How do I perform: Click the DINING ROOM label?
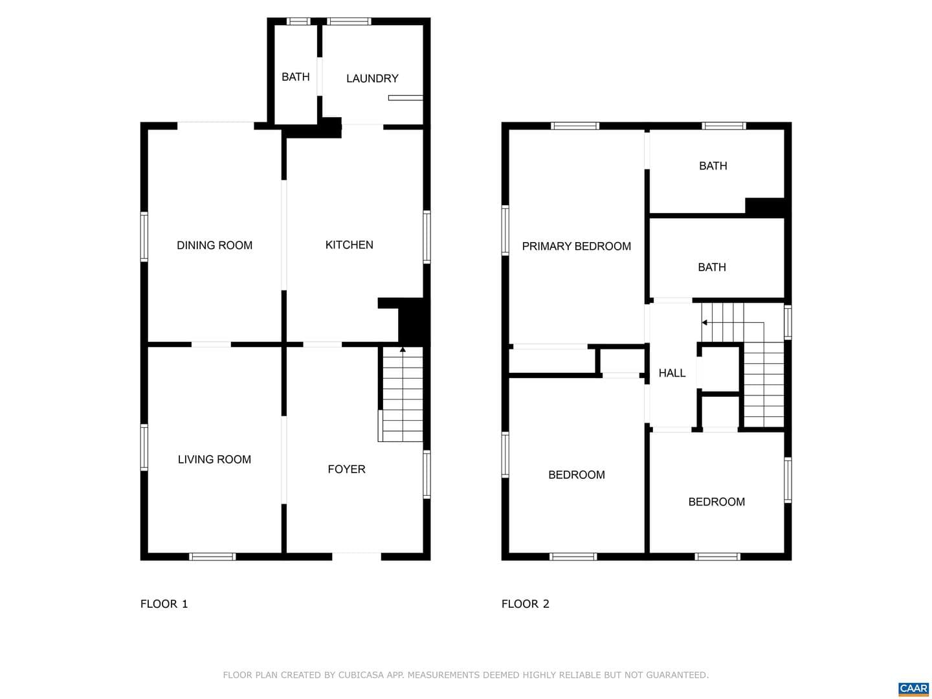point(214,245)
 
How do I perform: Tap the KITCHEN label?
point(349,245)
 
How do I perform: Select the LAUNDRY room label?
point(372,78)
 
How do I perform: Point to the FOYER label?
point(346,469)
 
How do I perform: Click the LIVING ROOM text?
point(214,460)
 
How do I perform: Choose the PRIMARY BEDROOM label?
point(576,246)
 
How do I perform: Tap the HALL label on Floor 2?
point(672,373)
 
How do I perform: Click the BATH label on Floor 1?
point(296,77)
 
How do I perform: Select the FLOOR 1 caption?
point(164,603)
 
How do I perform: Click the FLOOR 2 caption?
point(526,603)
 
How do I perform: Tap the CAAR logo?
point(913,689)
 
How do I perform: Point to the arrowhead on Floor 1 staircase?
point(403,349)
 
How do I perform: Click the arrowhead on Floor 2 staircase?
point(704,322)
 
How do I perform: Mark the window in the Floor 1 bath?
point(298,21)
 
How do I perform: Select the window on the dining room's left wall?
point(144,236)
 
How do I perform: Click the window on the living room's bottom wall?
point(212,557)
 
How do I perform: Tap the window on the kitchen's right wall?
point(427,237)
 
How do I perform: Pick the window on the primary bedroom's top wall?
point(575,126)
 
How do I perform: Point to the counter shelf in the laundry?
point(406,98)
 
